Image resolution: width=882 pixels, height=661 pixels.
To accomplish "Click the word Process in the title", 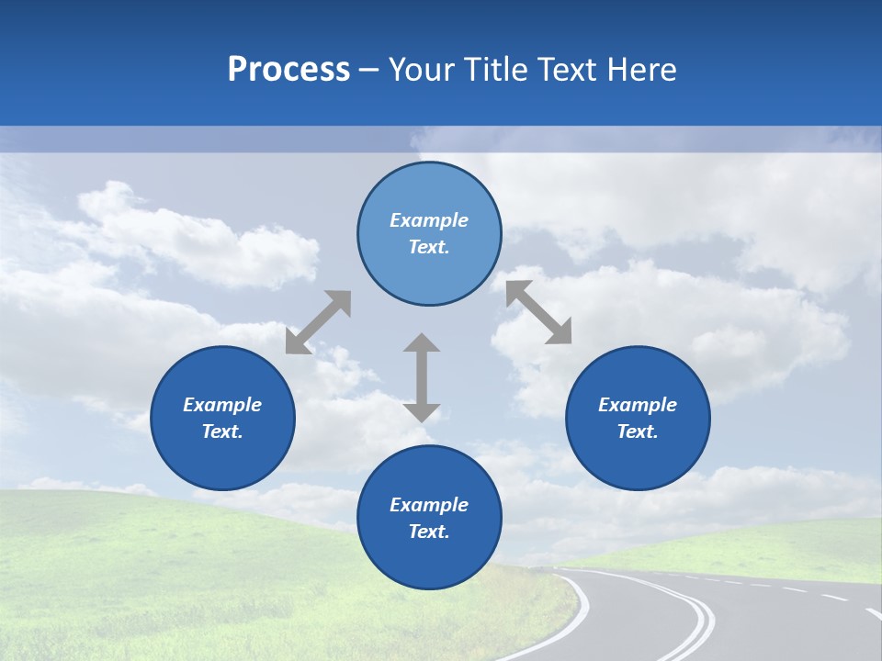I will [288, 70].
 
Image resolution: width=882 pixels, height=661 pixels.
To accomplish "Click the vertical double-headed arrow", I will [422, 377].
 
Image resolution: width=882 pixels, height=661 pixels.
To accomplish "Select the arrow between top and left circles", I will [318, 322].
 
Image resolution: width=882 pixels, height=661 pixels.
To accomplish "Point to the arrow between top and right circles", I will [538, 312].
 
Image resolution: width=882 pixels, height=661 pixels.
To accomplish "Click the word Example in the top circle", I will [429, 220].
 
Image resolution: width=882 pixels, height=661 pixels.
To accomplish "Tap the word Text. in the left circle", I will [222, 431].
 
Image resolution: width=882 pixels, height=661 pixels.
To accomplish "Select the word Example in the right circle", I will [638, 405].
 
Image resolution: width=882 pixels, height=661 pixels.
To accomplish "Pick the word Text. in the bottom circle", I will [429, 532].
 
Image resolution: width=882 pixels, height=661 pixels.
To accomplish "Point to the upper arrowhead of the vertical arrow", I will [422, 344].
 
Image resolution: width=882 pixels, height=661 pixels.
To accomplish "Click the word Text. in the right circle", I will [638, 431].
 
